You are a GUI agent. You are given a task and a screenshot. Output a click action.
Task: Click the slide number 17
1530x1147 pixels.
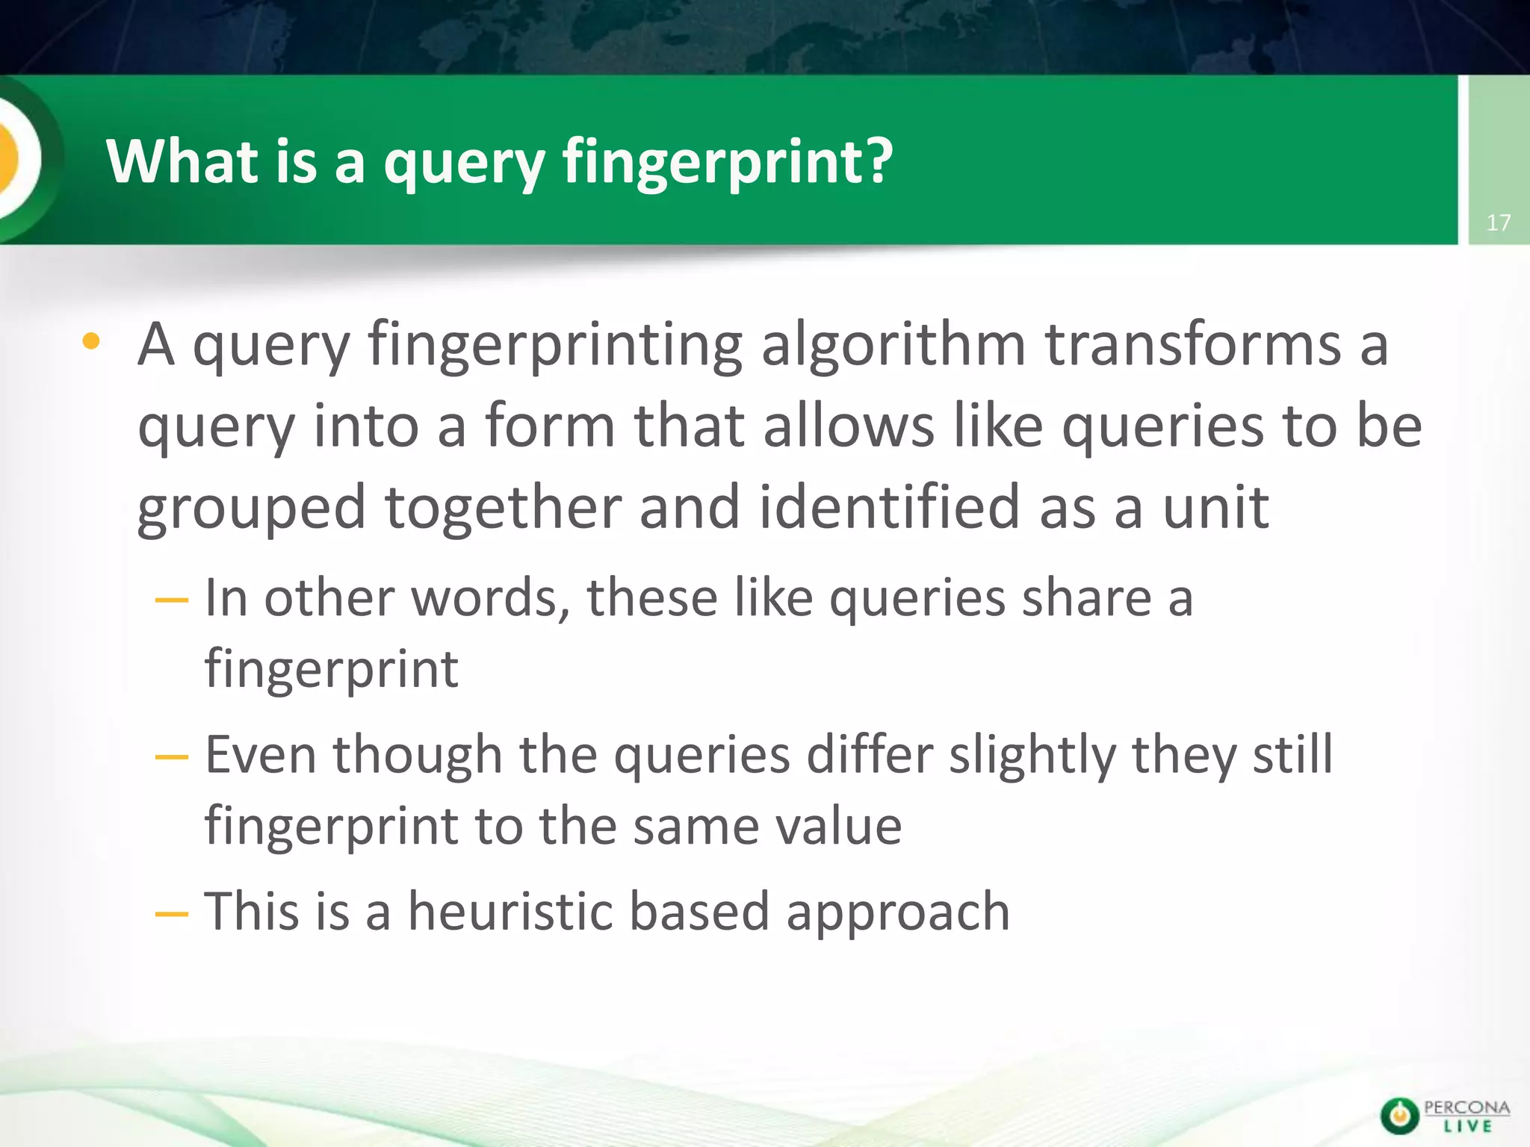coord(1498,223)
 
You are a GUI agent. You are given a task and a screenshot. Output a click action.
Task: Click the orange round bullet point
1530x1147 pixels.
coord(91,342)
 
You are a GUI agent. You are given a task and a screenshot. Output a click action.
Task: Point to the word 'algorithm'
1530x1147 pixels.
coord(893,345)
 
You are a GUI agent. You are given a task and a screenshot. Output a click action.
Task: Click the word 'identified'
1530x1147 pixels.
coord(890,507)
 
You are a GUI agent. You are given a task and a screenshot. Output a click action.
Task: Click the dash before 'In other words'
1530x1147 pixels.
coord(171,600)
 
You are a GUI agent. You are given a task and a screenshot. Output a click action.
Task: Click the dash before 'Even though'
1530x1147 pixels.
coord(171,757)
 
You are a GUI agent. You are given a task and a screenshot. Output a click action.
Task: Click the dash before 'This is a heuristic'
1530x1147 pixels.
coord(171,913)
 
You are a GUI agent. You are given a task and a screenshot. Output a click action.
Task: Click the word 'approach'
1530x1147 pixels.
coord(898,913)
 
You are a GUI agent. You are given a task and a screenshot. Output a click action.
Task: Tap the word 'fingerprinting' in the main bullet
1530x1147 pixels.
coord(555,345)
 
